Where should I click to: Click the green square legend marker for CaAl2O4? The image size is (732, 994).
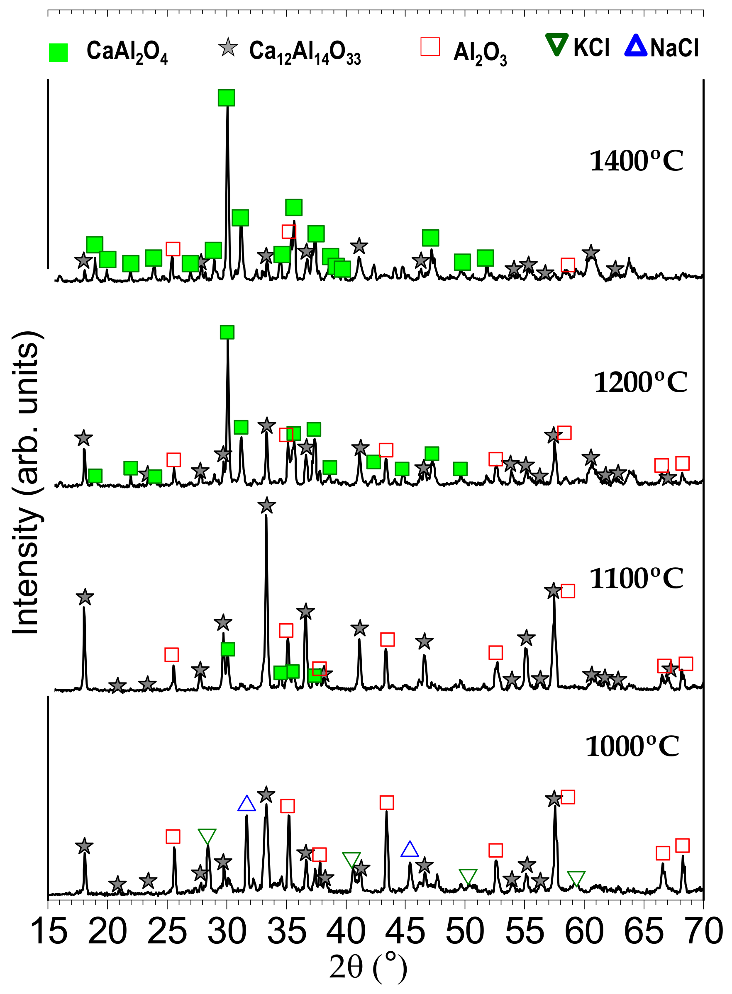58,52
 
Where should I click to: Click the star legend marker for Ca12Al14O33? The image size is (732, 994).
228,47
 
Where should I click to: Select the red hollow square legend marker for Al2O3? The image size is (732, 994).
430,46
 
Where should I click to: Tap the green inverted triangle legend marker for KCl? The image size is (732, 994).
556,45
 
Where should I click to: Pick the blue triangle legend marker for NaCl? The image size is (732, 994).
636,46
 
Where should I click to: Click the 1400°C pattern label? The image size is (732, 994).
636,161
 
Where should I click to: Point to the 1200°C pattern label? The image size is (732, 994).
640,383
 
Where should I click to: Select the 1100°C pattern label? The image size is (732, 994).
636,578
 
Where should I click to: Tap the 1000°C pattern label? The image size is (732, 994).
632,746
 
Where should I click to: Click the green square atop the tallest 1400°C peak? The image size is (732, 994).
227,98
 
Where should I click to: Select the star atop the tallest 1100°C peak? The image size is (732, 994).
266,505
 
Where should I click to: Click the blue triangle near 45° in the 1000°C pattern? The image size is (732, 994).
410,849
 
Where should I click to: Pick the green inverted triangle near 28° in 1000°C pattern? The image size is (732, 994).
207,836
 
